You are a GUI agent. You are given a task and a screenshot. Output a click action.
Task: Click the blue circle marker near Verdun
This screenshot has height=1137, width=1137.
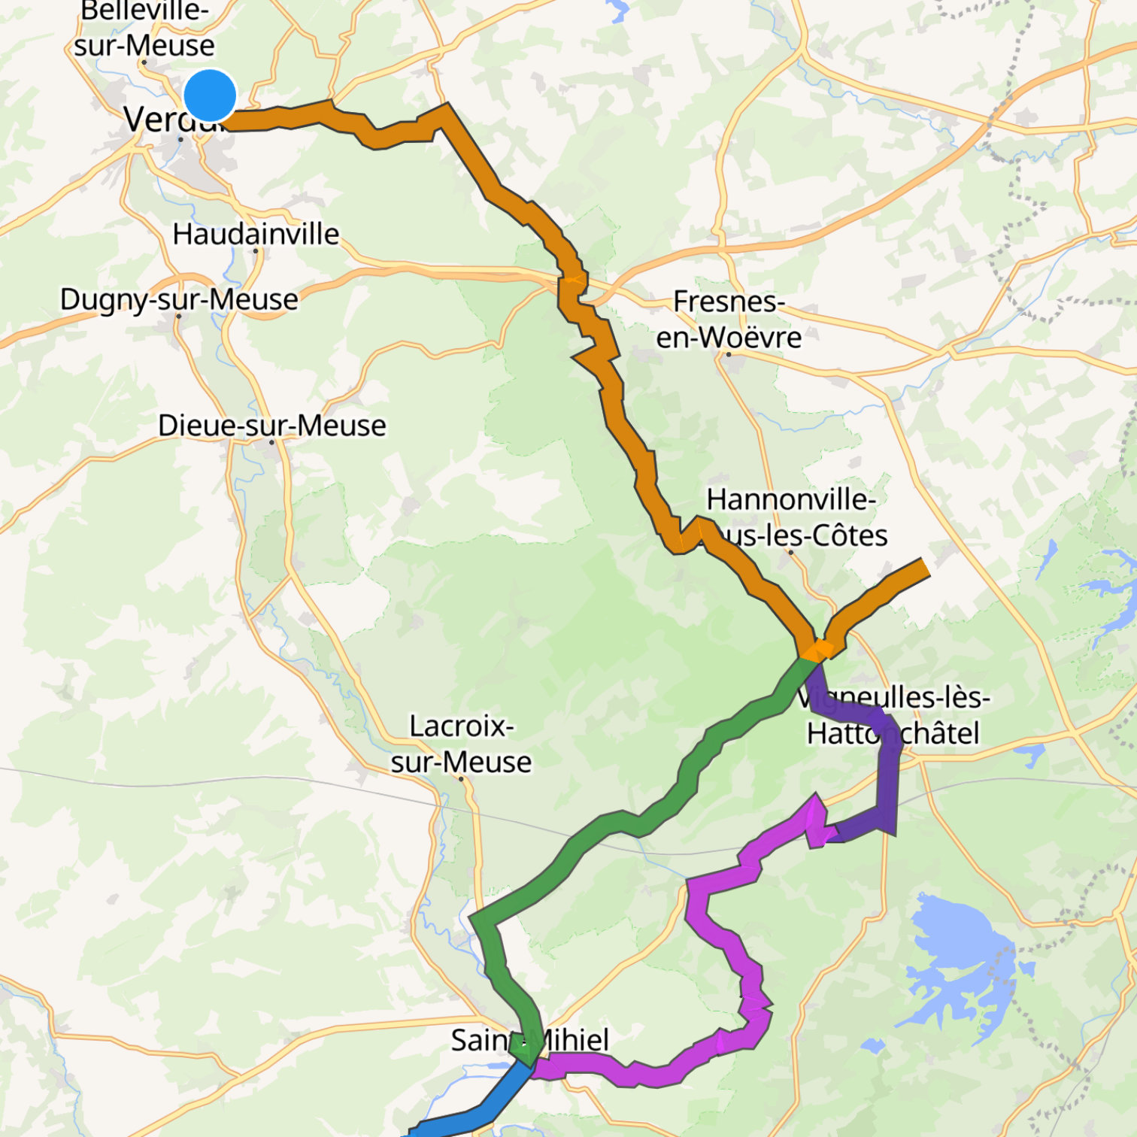point(210,96)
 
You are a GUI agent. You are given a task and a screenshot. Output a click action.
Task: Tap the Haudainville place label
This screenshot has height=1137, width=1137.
point(256,234)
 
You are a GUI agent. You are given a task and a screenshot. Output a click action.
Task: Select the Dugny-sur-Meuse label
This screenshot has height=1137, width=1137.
point(179,299)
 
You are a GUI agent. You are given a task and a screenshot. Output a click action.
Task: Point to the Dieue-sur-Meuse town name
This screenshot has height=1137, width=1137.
point(271,426)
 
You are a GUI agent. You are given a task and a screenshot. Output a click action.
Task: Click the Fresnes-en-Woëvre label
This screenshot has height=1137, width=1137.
point(728,320)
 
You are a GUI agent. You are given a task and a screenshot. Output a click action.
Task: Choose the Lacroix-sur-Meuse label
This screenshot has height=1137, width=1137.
point(461,744)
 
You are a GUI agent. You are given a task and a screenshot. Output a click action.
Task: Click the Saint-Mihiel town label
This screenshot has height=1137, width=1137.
point(529,1040)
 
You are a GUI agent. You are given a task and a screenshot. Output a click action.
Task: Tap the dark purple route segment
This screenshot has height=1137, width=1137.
point(887,782)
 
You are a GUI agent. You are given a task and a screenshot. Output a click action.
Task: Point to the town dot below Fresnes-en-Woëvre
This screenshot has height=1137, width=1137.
point(728,354)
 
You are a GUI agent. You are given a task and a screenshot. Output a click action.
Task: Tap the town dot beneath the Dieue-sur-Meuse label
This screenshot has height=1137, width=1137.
point(272,442)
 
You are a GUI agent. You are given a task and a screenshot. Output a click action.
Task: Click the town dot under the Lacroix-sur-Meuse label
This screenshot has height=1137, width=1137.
point(461,779)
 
